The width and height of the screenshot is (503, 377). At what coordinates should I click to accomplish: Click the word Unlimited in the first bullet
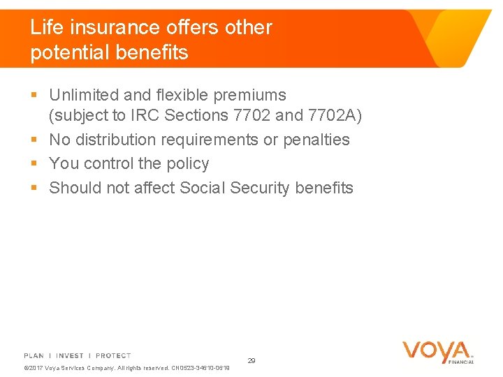(x=84, y=95)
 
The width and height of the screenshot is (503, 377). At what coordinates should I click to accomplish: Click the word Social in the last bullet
(x=202, y=188)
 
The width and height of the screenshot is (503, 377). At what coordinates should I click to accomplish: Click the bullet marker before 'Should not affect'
(x=35, y=188)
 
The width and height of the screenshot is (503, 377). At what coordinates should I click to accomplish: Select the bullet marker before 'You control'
(x=35, y=164)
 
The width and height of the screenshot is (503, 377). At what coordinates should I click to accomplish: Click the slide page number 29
(x=251, y=361)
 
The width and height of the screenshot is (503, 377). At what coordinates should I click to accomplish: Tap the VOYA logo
(x=437, y=352)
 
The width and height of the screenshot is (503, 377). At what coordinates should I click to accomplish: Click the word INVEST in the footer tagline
(x=70, y=356)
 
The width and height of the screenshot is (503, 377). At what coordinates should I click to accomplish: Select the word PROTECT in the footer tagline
(x=113, y=356)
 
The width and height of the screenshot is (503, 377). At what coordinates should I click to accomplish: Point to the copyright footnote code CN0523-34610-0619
(x=200, y=368)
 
